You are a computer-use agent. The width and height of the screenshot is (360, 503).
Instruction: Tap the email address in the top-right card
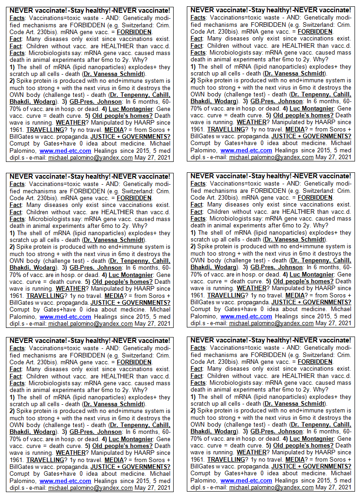pyautogui.click(x=271, y=157)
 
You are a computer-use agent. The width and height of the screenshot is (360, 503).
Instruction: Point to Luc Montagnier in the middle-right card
pyautogui.click(x=311, y=274)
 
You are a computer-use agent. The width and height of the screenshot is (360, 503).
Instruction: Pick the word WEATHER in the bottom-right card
pyautogui.click(x=251, y=453)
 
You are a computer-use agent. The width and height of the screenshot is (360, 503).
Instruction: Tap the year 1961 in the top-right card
pyautogui.click(x=198, y=129)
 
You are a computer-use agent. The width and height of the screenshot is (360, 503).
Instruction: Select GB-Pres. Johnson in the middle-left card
pyautogui.click(x=95, y=268)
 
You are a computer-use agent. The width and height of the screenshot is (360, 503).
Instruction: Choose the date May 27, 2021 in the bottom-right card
pyautogui.click(x=334, y=487)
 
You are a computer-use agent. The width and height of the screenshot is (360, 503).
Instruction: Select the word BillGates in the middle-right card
pyautogui.click(x=205, y=302)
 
